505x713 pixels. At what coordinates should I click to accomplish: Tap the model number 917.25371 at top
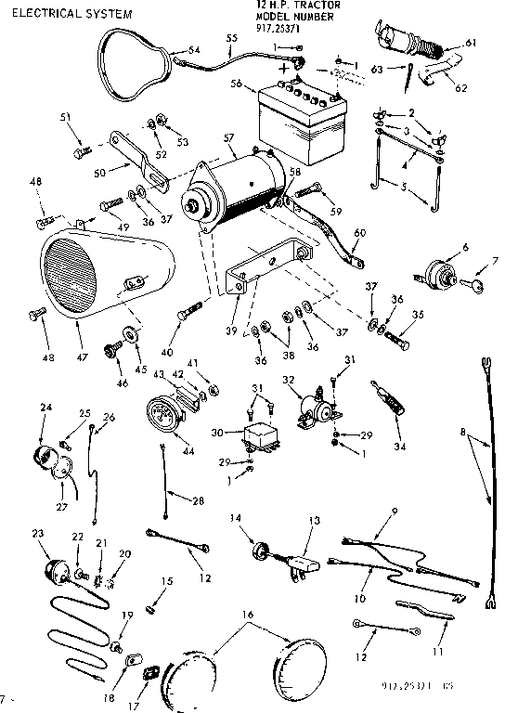tap(279, 28)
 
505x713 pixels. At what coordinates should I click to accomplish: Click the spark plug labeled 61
tap(403, 46)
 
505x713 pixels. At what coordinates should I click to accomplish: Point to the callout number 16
tap(246, 615)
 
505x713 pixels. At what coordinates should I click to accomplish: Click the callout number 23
tap(37, 533)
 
